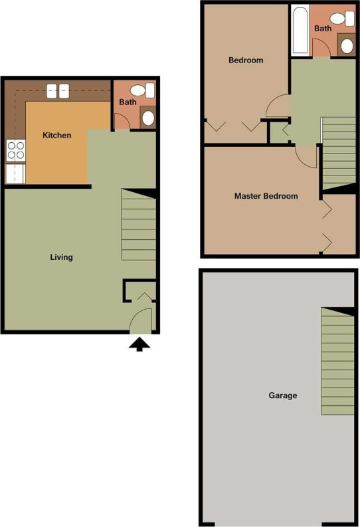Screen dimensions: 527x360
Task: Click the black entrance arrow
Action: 139,344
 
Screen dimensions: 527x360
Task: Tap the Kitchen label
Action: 56,136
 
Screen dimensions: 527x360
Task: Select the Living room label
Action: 62,257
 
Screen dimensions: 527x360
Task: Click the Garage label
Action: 282,395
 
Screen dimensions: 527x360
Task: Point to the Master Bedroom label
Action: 266,196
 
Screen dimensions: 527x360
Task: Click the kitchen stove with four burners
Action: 15,151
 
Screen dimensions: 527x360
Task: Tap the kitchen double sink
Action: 56,91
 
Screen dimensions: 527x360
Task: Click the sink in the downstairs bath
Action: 147,118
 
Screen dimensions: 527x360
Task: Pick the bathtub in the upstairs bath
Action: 300,31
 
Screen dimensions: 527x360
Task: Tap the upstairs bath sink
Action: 347,45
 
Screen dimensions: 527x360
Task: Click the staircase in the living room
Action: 139,226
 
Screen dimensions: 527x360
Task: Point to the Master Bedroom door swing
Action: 306,156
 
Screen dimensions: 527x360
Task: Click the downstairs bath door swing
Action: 122,122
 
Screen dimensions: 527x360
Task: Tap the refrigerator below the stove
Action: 15,173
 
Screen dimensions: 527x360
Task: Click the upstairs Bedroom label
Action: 246,60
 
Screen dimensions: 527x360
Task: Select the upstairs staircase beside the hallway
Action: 339,153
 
